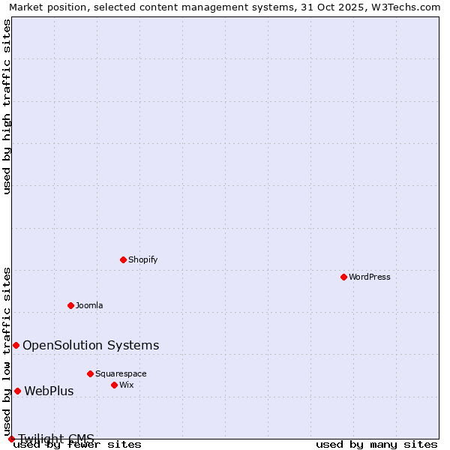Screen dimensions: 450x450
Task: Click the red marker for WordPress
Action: click(x=343, y=277)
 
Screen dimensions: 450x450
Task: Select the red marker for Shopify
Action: click(x=124, y=259)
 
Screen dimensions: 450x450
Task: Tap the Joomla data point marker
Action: click(x=71, y=305)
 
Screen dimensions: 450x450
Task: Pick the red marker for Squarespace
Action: click(x=90, y=373)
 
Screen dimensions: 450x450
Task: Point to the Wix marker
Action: click(x=114, y=385)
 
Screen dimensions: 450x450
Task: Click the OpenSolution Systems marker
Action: click(x=16, y=345)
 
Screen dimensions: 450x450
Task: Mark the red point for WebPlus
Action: click(x=17, y=391)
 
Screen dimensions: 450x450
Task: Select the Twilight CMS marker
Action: click(x=11, y=439)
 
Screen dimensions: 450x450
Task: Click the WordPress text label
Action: click(x=370, y=277)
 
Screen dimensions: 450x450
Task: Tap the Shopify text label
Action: click(x=143, y=259)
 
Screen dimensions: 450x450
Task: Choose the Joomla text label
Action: click(x=89, y=305)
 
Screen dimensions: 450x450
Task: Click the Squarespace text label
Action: click(x=121, y=373)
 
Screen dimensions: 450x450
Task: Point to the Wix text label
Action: click(x=127, y=385)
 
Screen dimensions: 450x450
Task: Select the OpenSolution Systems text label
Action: click(x=91, y=345)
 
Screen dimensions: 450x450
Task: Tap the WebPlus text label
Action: click(x=49, y=391)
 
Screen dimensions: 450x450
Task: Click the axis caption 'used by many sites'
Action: click(x=376, y=444)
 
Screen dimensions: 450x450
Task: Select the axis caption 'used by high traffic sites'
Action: click(x=7, y=106)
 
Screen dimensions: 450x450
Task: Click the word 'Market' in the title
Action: click(x=25, y=7)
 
